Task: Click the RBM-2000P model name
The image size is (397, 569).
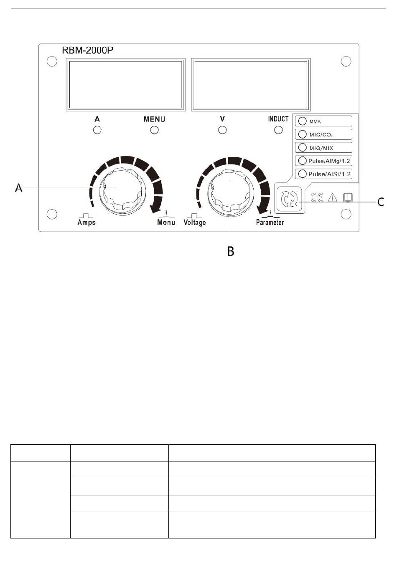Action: pyautogui.click(x=87, y=50)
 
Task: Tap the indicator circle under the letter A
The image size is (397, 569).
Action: pyautogui.click(x=97, y=130)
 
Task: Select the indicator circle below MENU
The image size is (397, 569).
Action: pyautogui.click(x=155, y=130)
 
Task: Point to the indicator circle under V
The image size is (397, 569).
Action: pyautogui.click(x=222, y=130)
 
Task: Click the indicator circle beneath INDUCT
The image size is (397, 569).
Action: pyautogui.click(x=279, y=130)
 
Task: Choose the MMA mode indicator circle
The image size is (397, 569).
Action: pyautogui.click(x=302, y=121)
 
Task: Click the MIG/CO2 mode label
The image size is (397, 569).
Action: pyautogui.click(x=321, y=135)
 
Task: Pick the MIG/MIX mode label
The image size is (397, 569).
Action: pyautogui.click(x=321, y=148)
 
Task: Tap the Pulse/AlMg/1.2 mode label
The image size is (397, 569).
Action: pyautogui.click(x=329, y=161)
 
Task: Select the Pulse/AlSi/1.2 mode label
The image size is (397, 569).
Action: pyautogui.click(x=329, y=174)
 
